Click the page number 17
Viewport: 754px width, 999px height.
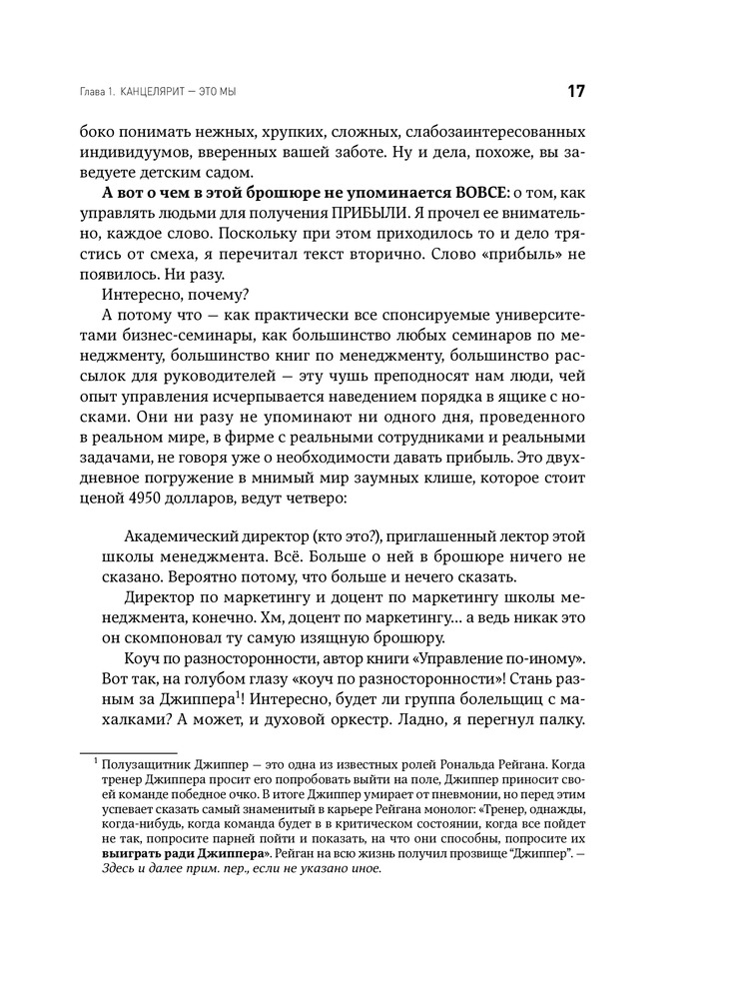(x=576, y=91)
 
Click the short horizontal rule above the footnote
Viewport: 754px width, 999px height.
(x=128, y=752)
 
